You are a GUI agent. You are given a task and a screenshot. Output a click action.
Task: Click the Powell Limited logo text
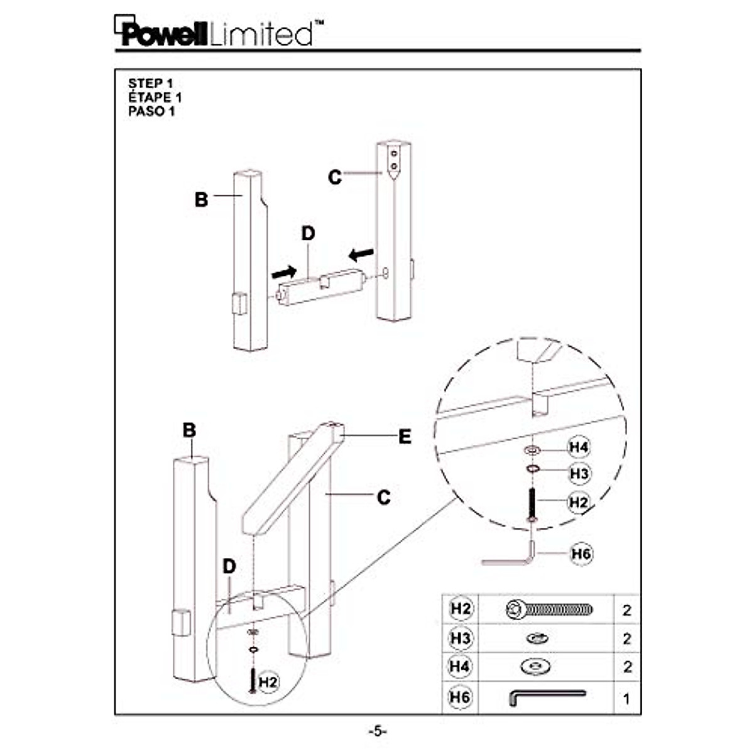tap(219, 31)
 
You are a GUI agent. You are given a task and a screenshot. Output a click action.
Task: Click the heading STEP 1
tap(150, 84)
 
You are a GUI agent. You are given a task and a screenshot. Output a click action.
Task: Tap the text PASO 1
tap(151, 111)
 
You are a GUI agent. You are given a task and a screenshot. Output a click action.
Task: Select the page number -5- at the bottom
tap(377, 731)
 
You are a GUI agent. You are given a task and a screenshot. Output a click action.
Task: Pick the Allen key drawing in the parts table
tap(548, 697)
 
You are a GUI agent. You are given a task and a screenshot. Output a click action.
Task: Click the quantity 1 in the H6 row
tap(626, 699)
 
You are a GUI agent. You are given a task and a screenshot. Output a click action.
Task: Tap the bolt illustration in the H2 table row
tap(549, 609)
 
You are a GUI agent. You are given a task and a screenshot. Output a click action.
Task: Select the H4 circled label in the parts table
tap(460, 667)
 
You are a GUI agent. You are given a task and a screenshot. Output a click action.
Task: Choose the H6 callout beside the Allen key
tap(581, 554)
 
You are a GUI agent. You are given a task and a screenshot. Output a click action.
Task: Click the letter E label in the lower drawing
tap(405, 436)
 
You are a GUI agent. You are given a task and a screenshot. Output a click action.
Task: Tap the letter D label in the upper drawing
tap(308, 234)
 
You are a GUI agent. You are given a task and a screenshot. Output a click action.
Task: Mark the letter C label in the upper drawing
tap(334, 177)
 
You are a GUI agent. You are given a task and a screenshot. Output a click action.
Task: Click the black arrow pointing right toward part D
tap(284, 271)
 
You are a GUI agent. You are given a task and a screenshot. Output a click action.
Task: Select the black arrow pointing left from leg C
tap(361, 255)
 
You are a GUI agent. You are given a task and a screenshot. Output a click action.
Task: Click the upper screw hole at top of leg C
tap(394, 153)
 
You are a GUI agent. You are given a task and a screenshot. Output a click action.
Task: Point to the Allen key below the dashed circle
tap(508, 554)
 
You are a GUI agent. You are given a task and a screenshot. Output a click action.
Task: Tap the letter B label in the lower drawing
tap(189, 430)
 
